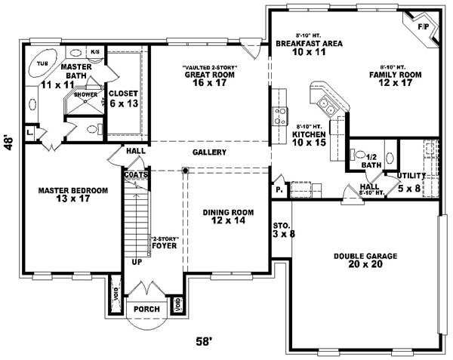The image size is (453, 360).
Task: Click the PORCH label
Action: [146, 309]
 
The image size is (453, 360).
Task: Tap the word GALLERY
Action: [209, 152]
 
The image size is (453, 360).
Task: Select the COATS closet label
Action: [136, 174]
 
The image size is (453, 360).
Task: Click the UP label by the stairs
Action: [136, 262]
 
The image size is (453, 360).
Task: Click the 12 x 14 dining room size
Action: [227, 221]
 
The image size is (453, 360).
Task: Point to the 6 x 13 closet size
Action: [123, 103]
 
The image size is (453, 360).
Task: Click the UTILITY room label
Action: [411, 175]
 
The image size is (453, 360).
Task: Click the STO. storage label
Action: [280, 225]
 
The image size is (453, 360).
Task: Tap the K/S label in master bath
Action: [95, 52]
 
